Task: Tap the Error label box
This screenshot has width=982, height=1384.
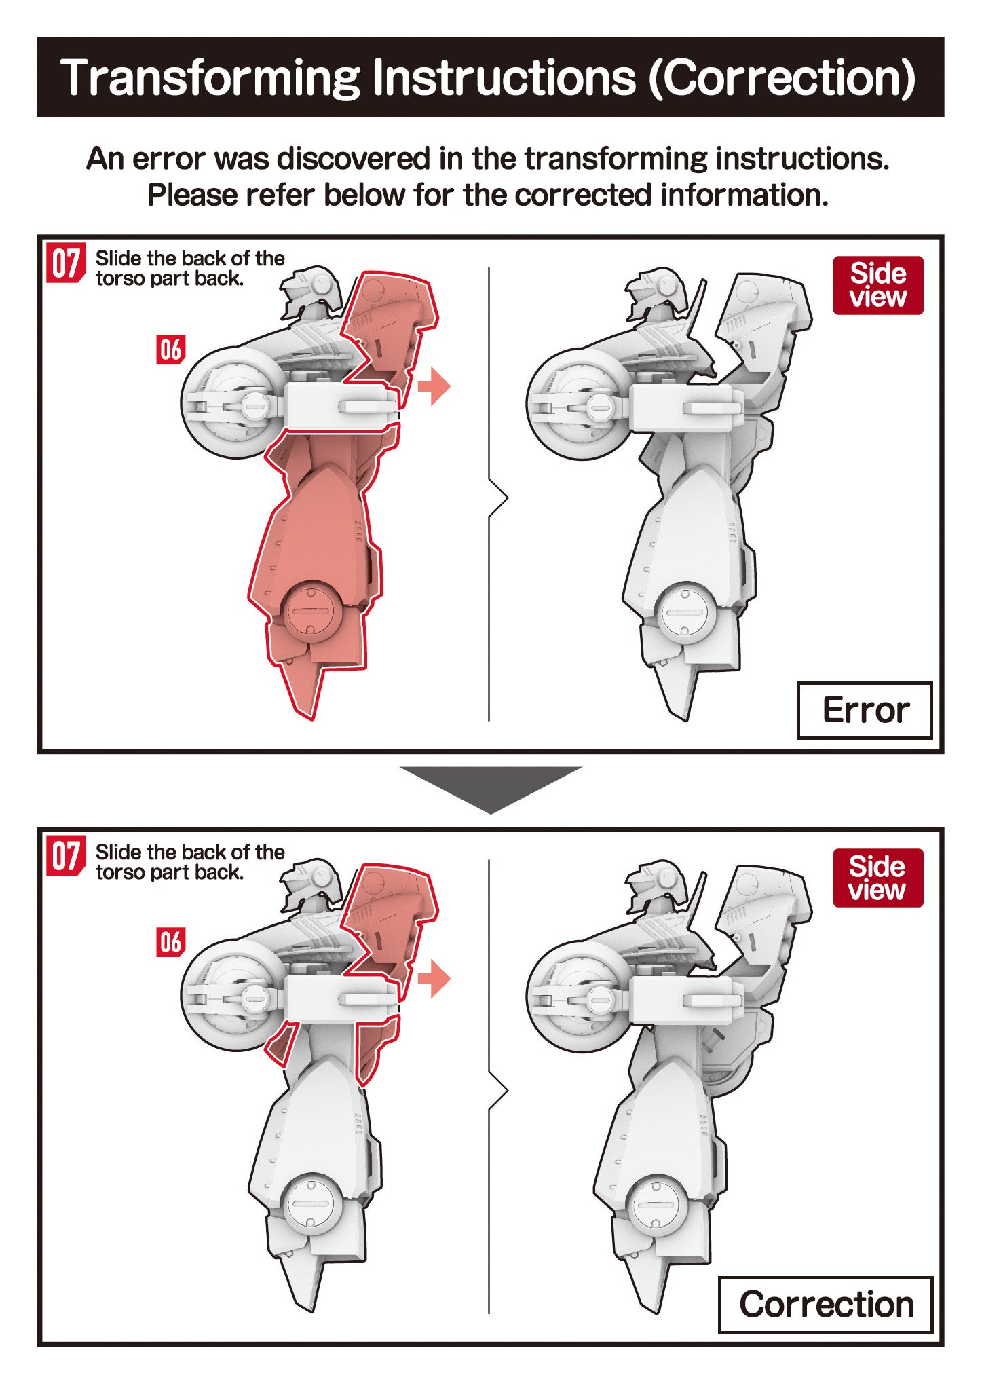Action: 865,711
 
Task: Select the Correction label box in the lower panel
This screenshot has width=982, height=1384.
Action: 826,1305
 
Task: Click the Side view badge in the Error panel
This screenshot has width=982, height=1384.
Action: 878,285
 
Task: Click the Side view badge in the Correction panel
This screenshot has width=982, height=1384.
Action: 878,878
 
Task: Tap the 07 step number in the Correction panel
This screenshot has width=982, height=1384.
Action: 66,857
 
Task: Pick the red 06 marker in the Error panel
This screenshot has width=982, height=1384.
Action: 170,350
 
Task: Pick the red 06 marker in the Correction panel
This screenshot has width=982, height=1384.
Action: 170,943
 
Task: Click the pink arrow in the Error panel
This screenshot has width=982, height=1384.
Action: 434,386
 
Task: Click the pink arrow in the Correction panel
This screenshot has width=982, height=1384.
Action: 434,979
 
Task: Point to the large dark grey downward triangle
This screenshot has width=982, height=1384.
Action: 491,787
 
